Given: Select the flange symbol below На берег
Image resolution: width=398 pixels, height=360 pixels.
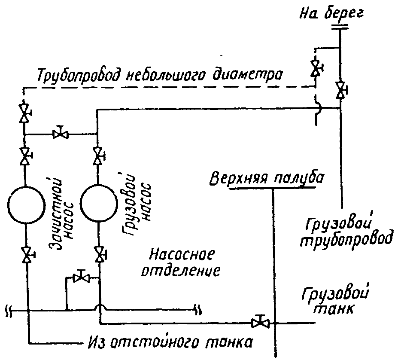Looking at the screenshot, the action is tap(340, 27).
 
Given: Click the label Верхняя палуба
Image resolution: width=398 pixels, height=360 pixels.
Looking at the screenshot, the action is tap(267, 178).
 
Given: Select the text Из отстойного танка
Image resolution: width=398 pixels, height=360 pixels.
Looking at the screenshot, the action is tap(170, 342).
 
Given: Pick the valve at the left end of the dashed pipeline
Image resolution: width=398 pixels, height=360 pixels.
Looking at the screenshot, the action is tap(24, 113).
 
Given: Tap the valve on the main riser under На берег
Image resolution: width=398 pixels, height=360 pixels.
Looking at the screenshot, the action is tap(340, 90).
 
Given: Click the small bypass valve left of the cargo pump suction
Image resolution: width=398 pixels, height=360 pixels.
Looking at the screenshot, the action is tap(81, 277).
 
